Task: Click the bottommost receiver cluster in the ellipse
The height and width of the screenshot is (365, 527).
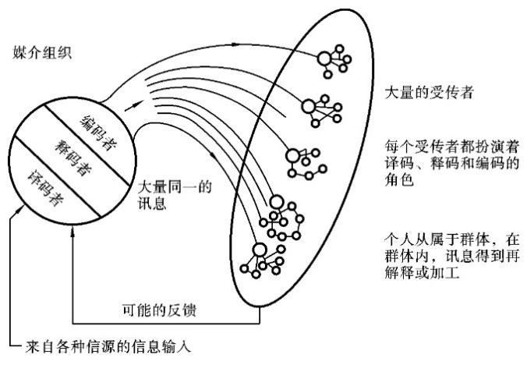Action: pos(262,257)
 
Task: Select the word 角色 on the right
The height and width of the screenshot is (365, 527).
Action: pos(398,177)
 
